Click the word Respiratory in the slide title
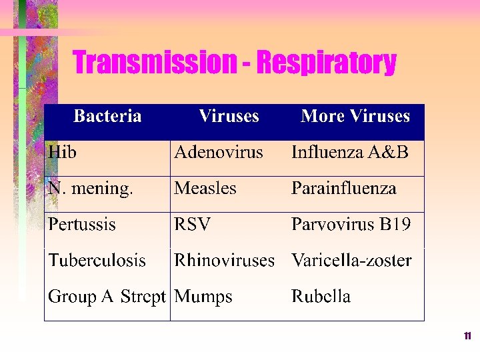(326, 63)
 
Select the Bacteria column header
(107, 117)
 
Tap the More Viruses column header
(355, 117)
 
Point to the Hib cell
(62, 153)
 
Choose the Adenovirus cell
(219, 153)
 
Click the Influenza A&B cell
(350, 153)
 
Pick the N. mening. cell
(91, 189)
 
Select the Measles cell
(205, 189)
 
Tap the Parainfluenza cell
(344, 189)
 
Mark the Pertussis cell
(82, 225)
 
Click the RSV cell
(192, 225)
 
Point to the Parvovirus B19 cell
(351, 225)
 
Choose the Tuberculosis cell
(97, 261)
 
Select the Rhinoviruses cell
(224, 261)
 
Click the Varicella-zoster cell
(351, 261)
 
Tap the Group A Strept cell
(107, 297)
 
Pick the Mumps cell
(203, 297)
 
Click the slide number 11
(467, 337)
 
